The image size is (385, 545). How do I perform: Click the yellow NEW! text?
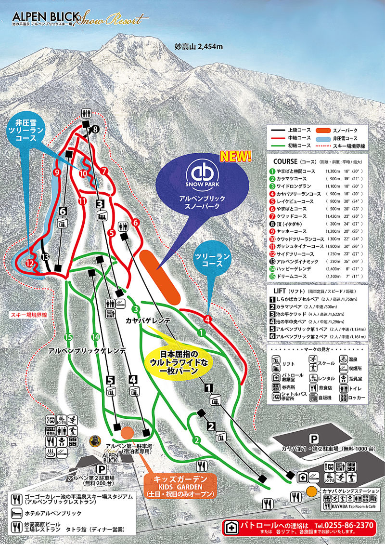tap(236, 156)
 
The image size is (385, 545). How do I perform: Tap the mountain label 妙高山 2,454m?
tap(199, 47)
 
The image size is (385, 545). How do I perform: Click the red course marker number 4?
tap(207, 319)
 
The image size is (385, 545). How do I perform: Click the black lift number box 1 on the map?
tap(209, 386)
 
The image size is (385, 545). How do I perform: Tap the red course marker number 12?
tap(30, 263)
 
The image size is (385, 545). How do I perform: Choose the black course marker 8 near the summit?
tap(95, 129)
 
